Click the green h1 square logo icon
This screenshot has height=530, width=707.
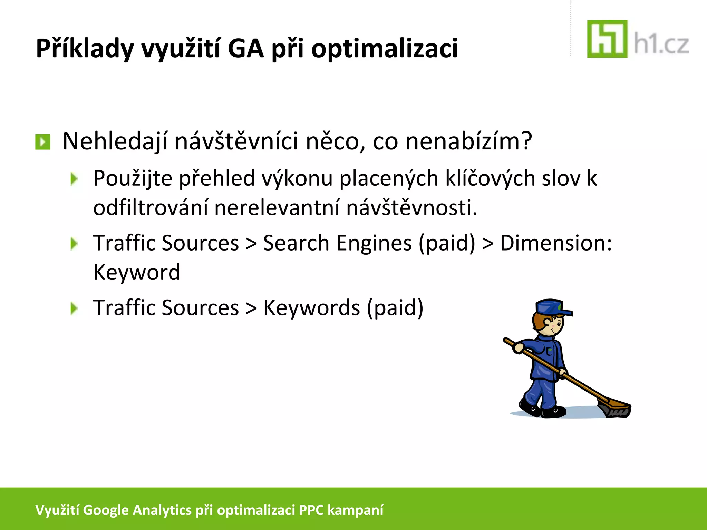pyautogui.click(x=607, y=39)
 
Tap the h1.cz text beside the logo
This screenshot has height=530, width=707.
pyautogui.click(x=661, y=45)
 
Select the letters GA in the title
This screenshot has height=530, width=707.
pyautogui.click(x=245, y=48)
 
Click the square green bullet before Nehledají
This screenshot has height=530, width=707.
pyautogui.click(x=43, y=142)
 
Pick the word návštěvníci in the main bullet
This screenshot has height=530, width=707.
pyautogui.click(x=236, y=141)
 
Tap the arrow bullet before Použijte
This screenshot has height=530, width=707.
pyautogui.click(x=74, y=179)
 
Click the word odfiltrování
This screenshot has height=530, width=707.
pyautogui.click(x=151, y=208)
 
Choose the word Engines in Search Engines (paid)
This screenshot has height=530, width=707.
pyautogui.click(x=374, y=243)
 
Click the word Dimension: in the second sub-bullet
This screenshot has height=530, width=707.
pyautogui.click(x=556, y=243)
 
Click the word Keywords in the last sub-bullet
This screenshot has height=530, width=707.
pyautogui.click(x=311, y=308)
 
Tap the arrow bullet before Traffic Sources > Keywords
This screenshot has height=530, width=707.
pyautogui.click(x=74, y=308)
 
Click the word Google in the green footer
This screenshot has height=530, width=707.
pyautogui.click(x=106, y=510)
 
